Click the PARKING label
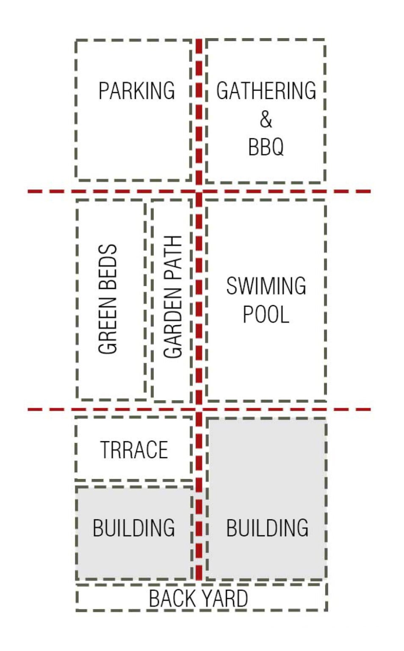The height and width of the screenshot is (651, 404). [x=137, y=91]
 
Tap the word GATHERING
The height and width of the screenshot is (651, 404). [x=266, y=91]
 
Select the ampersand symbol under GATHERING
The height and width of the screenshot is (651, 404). [x=266, y=119]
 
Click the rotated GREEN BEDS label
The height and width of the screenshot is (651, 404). [x=108, y=299]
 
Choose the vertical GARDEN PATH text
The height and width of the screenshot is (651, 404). [x=173, y=297]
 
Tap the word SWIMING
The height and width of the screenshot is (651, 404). [x=266, y=286]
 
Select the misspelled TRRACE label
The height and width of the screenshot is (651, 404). [x=134, y=450]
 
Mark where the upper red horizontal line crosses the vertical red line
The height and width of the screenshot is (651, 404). [x=199, y=192]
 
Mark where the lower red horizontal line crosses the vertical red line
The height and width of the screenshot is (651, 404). [x=199, y=409]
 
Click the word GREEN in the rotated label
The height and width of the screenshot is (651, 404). [x=108, y=325]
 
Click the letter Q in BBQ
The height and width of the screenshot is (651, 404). [x=278, y=147]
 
